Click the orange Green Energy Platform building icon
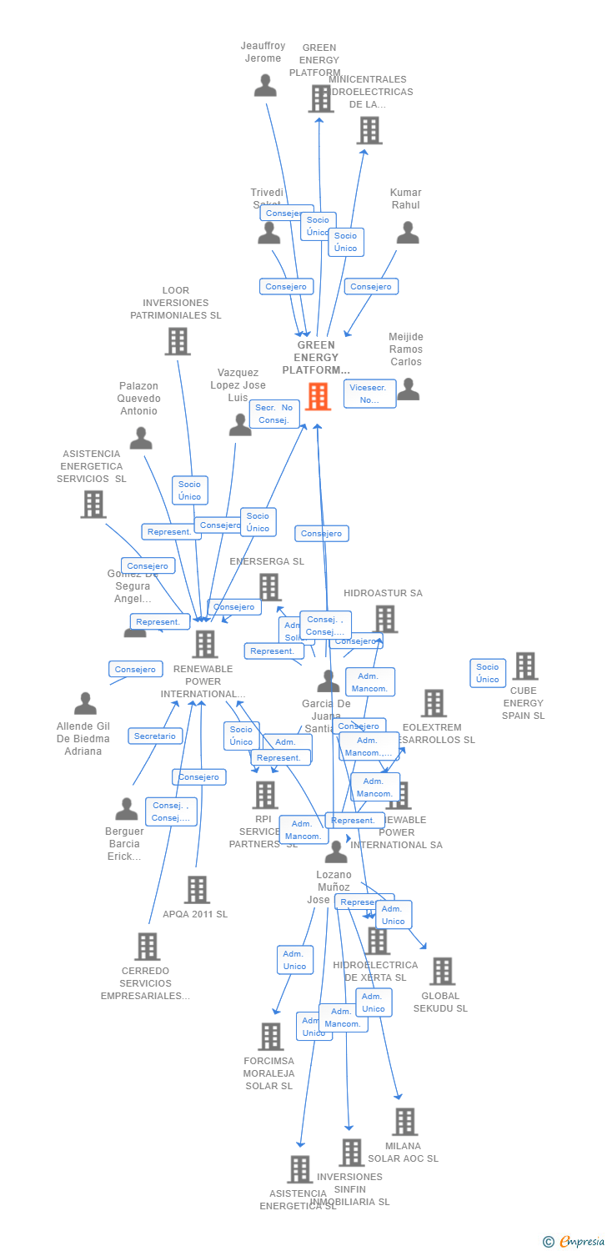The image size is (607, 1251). click(318, 396)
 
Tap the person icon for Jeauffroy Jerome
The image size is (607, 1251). click(265, 85)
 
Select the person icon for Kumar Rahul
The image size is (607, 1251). click(407, 233)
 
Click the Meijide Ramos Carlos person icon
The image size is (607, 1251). click(408, 389)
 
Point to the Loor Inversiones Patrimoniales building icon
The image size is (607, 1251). click(177, 341)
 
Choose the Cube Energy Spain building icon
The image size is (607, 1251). click(524, 666)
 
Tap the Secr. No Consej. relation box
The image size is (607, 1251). click(274, 414)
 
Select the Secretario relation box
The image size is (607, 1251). click(155, 736)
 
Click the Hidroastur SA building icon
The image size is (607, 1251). click(384, 619)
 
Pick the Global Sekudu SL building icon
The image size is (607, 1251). click(441, 971)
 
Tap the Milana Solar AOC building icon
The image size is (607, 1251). click(404, 1122)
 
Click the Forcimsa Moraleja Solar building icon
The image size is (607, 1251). click(270, 1037)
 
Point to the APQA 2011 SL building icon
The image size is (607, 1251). click(197, 890)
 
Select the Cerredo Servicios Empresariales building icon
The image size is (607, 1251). click(147, 947)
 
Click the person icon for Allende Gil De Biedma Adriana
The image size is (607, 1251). click(85, 704)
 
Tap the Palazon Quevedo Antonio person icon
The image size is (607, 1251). click(141, 438)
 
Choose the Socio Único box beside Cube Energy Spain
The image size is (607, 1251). click(488, 673)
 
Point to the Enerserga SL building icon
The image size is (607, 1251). click(269, 587)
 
